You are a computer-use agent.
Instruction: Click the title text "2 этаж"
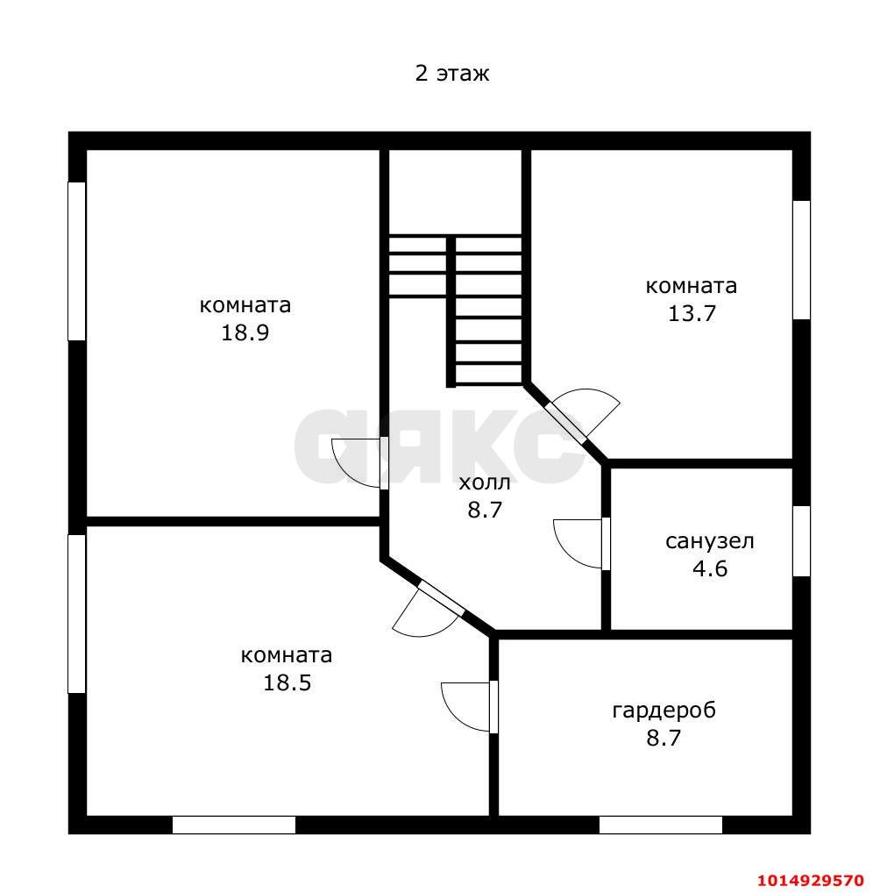point(452,74)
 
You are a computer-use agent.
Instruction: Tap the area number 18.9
point(245,332)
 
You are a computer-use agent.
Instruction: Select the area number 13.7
point(691,313)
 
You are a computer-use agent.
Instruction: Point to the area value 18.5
point(287,682)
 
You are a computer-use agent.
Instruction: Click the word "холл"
point(485,483)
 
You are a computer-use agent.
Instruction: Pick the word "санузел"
point(709,541)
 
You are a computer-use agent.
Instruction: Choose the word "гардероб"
point(664,711)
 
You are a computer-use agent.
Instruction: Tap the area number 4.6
point(710,568)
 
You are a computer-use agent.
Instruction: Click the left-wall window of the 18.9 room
point(77,261)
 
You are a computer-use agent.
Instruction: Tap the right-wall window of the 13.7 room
point(801,260)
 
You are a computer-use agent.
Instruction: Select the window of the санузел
point(801,541)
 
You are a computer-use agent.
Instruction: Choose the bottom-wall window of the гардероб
point(661,825)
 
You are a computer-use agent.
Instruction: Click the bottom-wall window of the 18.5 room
point(234,825)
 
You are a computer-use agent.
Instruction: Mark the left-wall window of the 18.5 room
point(77,614)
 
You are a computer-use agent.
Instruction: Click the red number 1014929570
point(811,879)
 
